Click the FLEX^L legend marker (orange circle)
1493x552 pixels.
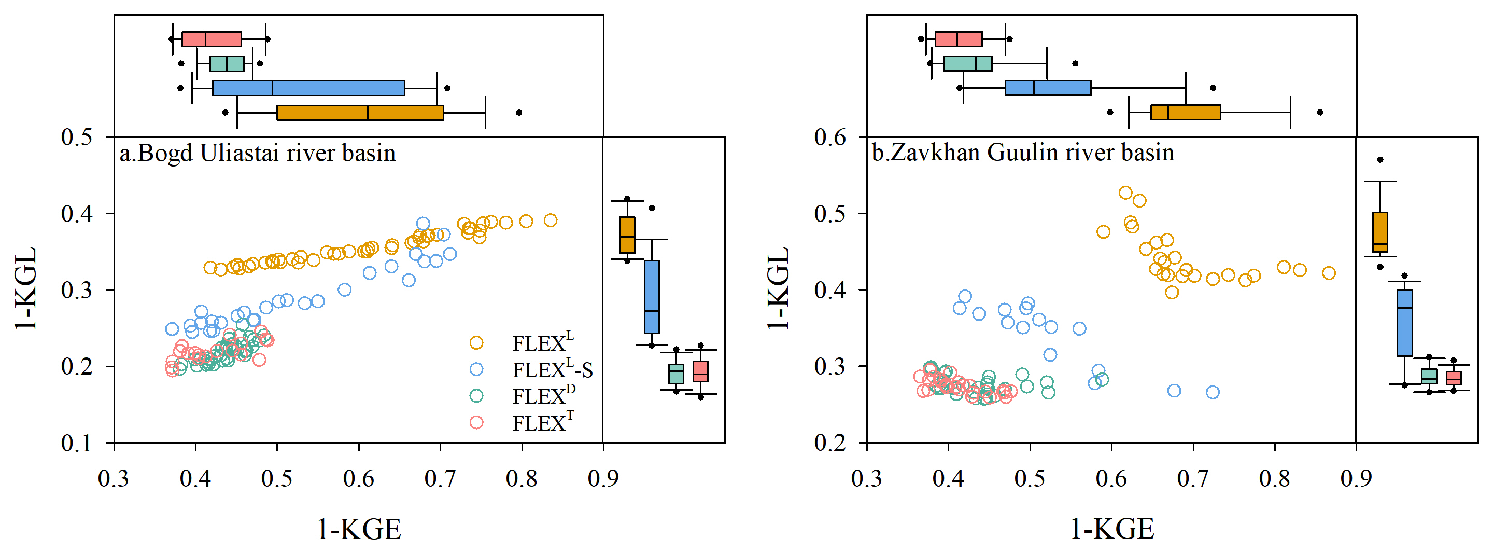pos(476,343)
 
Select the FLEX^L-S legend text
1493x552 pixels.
pos(552,369)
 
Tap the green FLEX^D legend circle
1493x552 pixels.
pos(476,396)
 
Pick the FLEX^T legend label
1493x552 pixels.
pos(543,423)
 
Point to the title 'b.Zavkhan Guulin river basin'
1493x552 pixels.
pos(1023,153)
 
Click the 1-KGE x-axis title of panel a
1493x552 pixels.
pos(359,529)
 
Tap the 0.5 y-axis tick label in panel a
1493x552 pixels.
pos(77,137)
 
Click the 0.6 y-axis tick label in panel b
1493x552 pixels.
pos(830,137)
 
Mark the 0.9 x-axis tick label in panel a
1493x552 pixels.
pos(603,479)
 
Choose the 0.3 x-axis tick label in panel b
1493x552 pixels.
pos(866,479)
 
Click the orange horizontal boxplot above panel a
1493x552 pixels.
pos(360,113)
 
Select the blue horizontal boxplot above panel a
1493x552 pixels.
pos(308,88)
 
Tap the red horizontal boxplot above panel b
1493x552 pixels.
pos(959,39)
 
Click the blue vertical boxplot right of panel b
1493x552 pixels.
pos(1404,322)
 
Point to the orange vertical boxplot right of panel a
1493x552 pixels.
pos(627,235)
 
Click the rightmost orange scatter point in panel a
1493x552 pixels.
pos(551,220)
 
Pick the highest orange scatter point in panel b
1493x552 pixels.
pos(1125,193)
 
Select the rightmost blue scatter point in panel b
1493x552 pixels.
pos(1213,393)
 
